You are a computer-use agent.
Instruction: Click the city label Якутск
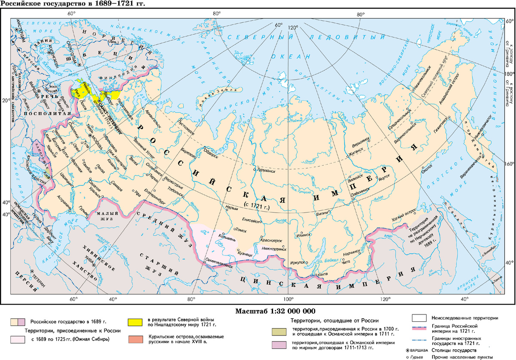pyautogui.click(x=384, y=176)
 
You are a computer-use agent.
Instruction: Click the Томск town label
pyautogui.click(x=241, y=231)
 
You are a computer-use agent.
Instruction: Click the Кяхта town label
pyautogui.click(x=323, y=274)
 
